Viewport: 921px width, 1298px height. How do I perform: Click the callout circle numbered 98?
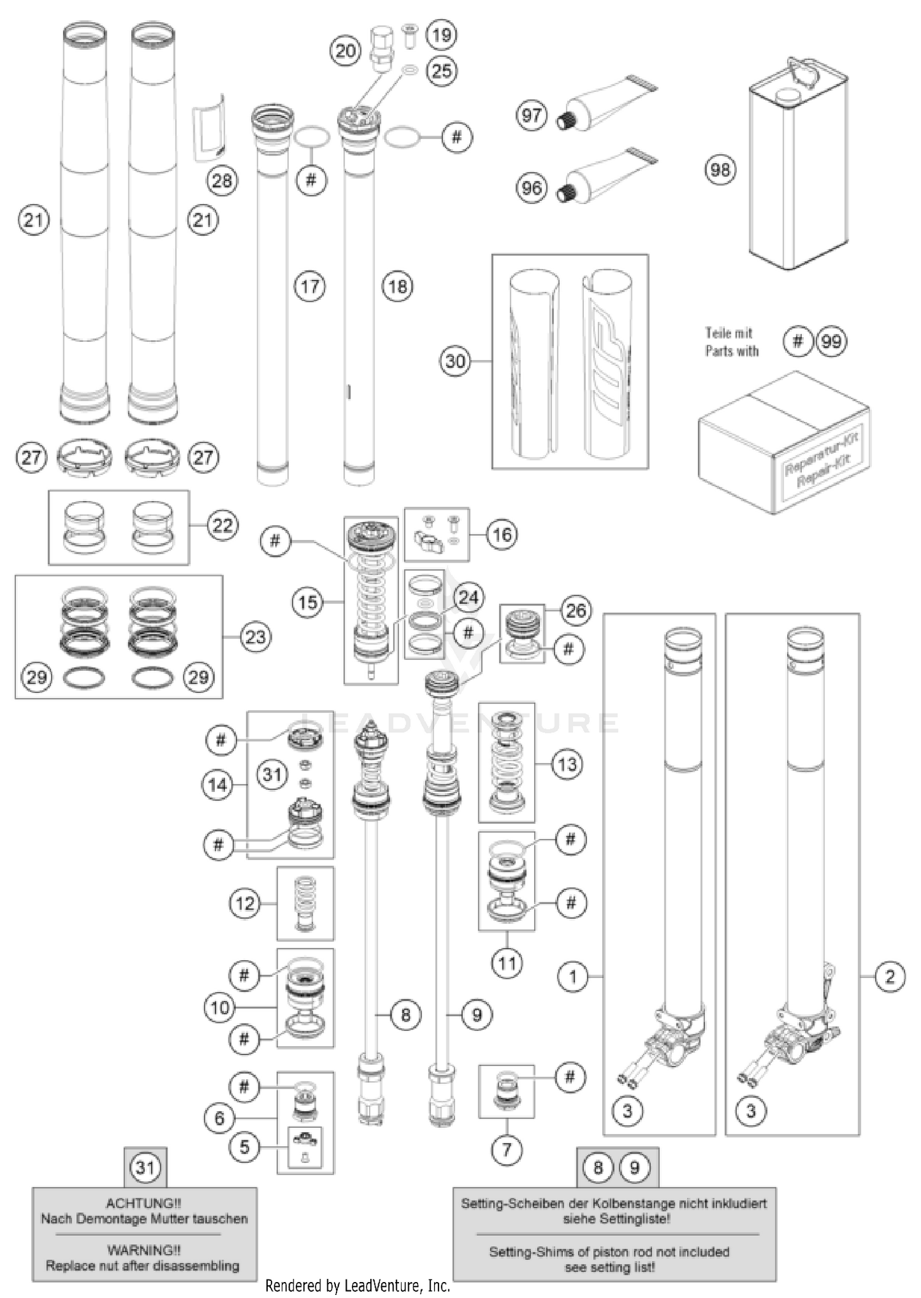point(720,170)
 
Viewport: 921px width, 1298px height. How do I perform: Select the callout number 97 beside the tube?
point(532,115)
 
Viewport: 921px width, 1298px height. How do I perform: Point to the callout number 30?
point(455,361)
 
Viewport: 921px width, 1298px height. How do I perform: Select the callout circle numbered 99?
point(831,342)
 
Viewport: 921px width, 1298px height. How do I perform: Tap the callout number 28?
point(222,181)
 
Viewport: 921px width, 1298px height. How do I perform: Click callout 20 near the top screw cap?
point(346,51)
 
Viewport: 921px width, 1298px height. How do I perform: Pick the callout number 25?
point(441,71)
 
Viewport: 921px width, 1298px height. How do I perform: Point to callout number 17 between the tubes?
point(310,286)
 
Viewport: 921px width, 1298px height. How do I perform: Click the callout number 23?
point(255,637)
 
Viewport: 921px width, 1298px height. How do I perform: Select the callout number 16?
point(502,534)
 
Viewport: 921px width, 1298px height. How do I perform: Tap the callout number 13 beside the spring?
point(567,765)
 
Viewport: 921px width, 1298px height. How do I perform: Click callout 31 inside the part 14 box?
point(272,775)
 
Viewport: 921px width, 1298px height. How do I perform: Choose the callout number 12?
point(244,904)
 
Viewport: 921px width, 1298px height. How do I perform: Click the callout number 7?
point(507,1149)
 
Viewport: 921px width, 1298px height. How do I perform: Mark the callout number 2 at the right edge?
point(890,976)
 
